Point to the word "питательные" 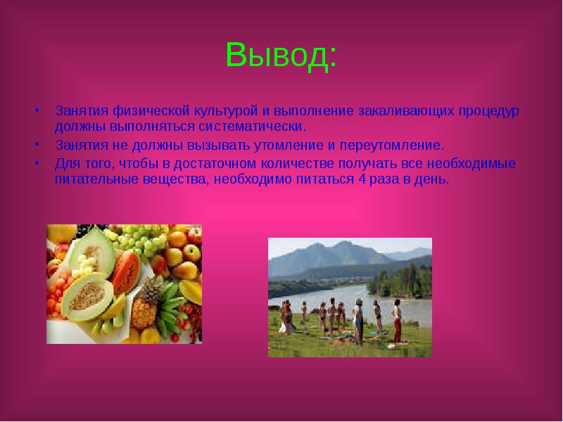[91, 179]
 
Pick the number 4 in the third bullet [360, 179]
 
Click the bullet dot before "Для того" [37, 164]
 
